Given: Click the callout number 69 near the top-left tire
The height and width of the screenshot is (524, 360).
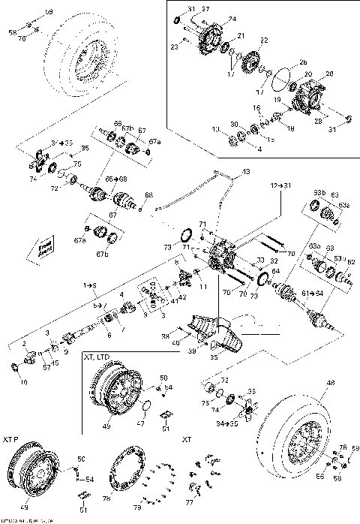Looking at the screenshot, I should (x=49, y=12).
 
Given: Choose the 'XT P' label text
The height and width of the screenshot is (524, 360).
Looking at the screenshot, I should (x=13, y=436).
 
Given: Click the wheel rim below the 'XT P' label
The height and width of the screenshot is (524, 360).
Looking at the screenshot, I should (x=31, y=474).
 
